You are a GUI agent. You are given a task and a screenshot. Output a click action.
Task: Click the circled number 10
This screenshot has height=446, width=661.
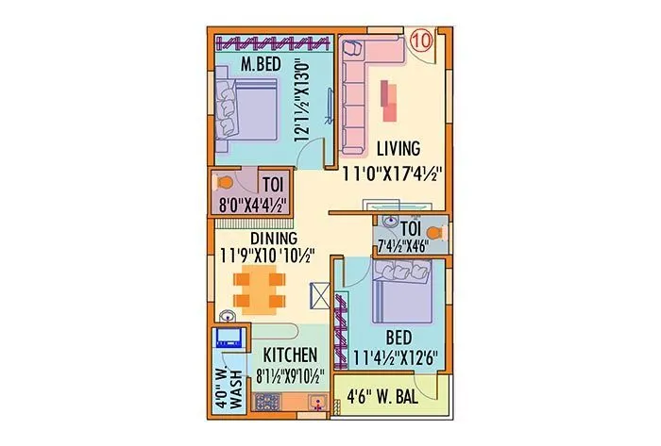click(x=422, y=41)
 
